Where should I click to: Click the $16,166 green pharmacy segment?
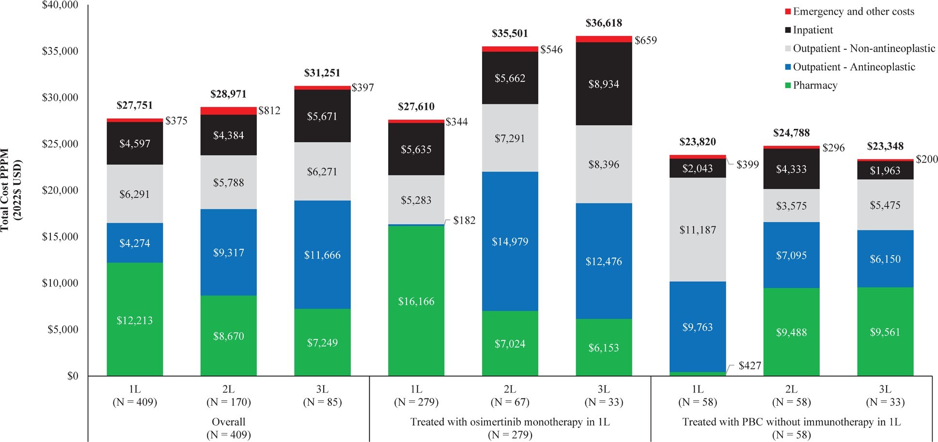click(416, 301)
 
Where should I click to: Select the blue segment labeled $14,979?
click(510, 241)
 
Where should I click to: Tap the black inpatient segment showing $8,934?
click(604, 84)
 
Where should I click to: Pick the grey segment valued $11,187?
click(697, 229)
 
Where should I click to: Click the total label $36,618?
click(604, 23)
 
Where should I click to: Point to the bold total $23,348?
click(885, 146)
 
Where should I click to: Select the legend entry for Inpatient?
click(813, 30)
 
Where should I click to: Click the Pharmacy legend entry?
click(814, 85)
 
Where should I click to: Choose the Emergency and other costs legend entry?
click(853, 12)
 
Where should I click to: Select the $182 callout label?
click(464, 221)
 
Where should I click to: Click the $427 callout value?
click(750, 366)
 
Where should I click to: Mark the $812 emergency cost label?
click(269, 110)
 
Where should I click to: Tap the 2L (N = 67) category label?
click(510, 396)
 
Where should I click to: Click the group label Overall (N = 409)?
click(228, 428)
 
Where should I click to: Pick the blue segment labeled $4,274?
click(135, 243)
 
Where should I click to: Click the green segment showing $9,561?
click(885, 332)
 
